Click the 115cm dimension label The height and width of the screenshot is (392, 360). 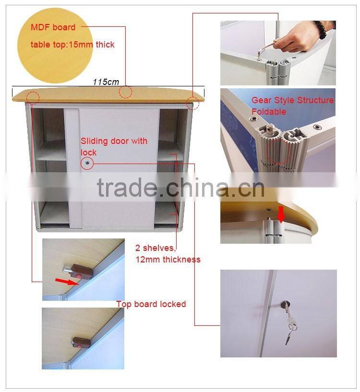(106, 82)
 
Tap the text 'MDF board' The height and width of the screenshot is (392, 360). (53, 27)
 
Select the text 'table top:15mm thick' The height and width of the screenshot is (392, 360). (72, 45)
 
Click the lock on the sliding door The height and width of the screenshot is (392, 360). (87, 163)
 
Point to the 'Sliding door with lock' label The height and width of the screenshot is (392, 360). (114, 147)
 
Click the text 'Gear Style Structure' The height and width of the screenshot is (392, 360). (292, 100)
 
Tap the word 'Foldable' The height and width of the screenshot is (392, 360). (269, 111)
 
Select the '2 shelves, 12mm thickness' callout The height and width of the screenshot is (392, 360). (168, 254)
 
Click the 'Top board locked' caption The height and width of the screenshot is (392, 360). (151, 304)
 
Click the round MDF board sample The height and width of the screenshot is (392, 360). (55, 45)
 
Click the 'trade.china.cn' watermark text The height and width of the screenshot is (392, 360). (180, 188)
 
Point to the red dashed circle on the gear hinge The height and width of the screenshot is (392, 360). (278, 152)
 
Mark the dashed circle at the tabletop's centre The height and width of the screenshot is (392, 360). (125, 92)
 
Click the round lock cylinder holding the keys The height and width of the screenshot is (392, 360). (285, 305)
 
